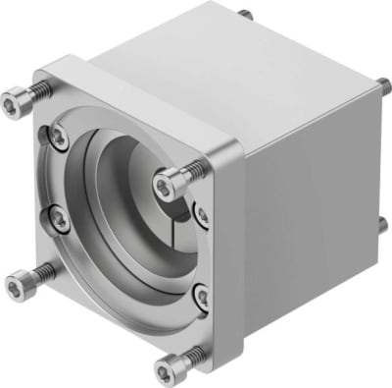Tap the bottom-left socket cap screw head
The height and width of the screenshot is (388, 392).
pyautogui.click(x=17, y=286)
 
